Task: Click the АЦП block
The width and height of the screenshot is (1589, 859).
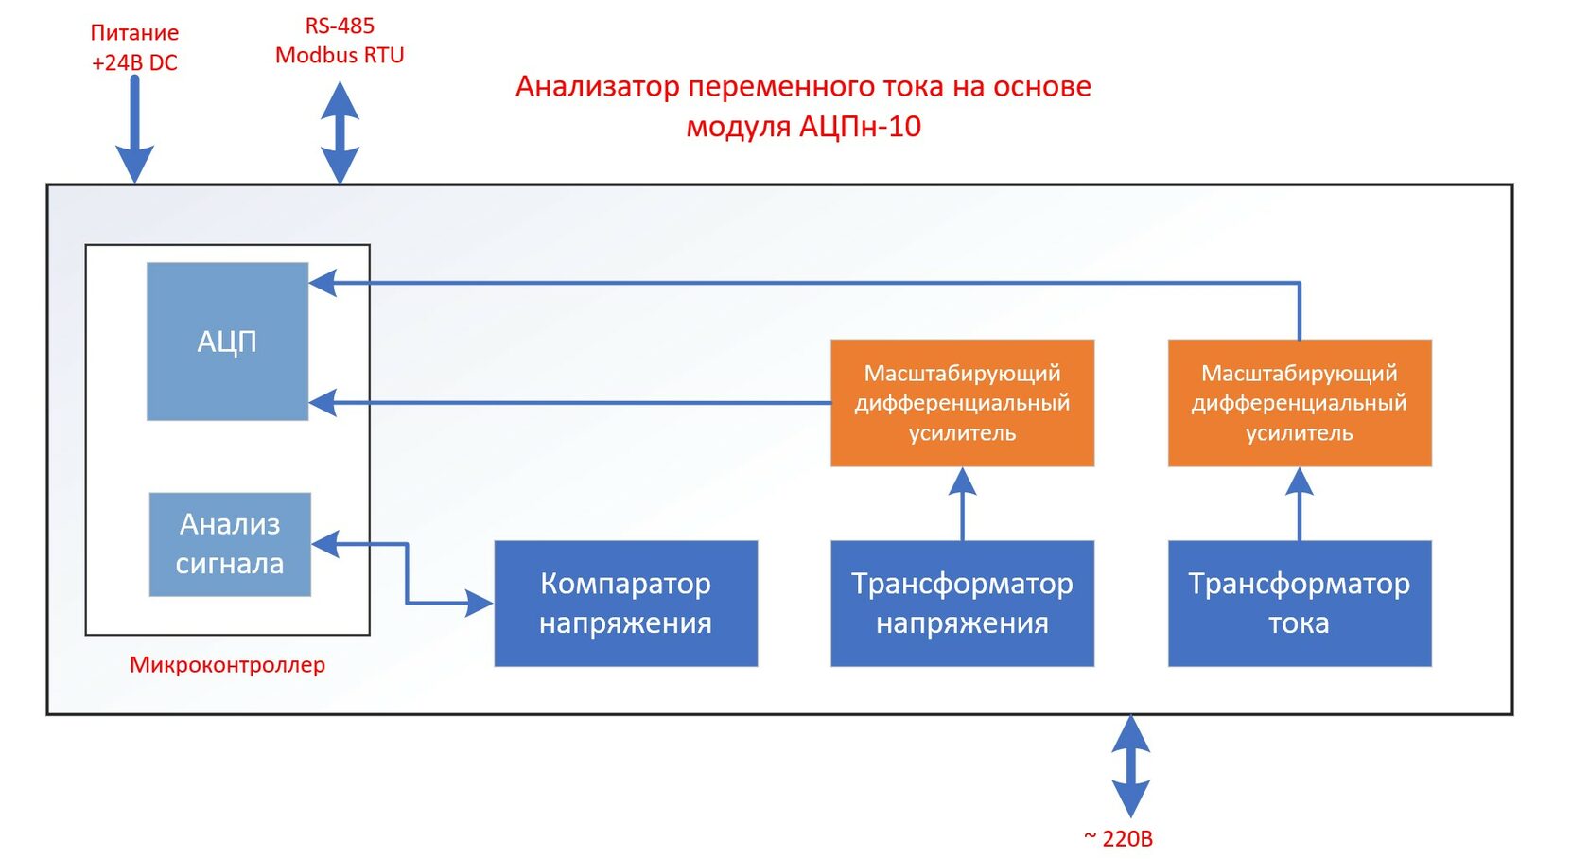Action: tap(227, 341)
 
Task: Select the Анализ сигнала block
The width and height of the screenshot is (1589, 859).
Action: tap(230, 544)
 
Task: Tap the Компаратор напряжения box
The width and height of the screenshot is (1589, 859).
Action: tap(625, 603)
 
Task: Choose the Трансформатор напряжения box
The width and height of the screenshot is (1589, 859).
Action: tap(962, 603)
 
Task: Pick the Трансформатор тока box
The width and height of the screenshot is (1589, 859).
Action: tap(1299, 603)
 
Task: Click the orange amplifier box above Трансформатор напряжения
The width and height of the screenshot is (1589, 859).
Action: tap(962, 402)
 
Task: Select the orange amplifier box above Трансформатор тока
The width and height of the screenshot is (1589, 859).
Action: tap(1299, 402)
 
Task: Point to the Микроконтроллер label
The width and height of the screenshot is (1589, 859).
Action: tap(227, 664)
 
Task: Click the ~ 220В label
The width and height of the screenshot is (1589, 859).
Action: tap(1118, 838)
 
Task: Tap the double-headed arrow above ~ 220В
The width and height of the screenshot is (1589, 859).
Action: tap(1130, 766)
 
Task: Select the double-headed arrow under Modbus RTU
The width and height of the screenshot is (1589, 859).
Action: tap(340, 131)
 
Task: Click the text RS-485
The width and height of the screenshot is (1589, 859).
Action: tap(340, 26)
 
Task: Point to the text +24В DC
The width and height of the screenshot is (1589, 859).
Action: tap(134, 62)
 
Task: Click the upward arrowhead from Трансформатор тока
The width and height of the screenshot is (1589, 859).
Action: tap(1299, 482)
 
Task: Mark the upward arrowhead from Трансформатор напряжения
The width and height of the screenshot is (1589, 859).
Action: tap(962, 482)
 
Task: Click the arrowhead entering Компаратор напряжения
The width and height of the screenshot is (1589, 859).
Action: tap(480, 603)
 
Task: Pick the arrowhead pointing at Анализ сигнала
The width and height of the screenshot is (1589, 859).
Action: tap(325, 544)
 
